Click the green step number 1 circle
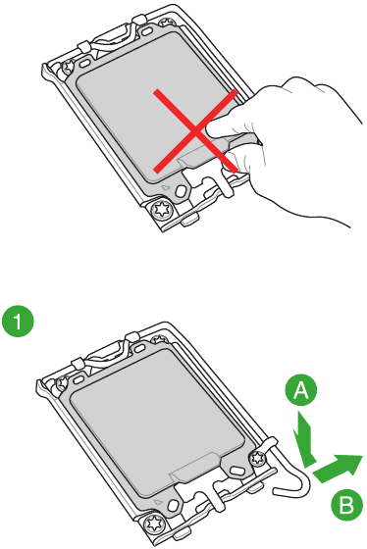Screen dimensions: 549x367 (16, 320)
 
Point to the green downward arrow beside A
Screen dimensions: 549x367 (306, 437)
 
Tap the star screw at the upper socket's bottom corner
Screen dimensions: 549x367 (160, 210)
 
